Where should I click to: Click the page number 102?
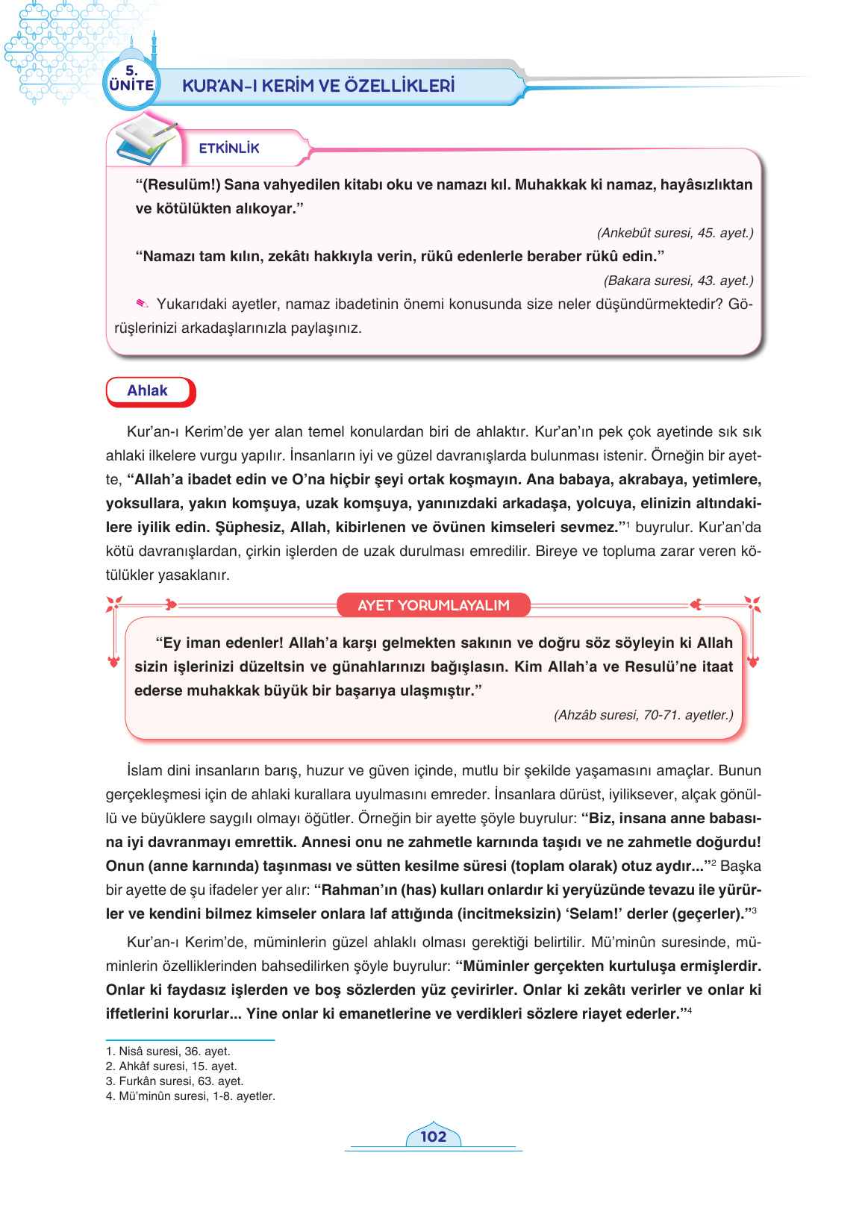pos(433,1137)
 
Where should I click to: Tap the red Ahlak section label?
pos(149,391)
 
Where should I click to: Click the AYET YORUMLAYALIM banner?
pos(433,605)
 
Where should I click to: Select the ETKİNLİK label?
pos(229,149)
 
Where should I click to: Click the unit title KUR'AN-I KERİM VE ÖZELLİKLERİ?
pos(319,86)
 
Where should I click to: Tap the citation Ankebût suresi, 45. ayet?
pos(675,233)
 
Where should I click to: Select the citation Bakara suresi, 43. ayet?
pos(678,281)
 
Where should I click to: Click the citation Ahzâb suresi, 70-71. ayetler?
pos(643,715)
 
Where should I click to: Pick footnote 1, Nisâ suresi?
pos(168,1052)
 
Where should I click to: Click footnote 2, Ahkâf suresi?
pos(171,1066)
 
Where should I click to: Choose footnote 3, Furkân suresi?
pos(174,1081)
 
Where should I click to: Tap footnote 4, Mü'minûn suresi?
pos(190,1096)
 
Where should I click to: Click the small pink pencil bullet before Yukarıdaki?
pos(142,303)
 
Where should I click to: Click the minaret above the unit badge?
pos(154,46)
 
